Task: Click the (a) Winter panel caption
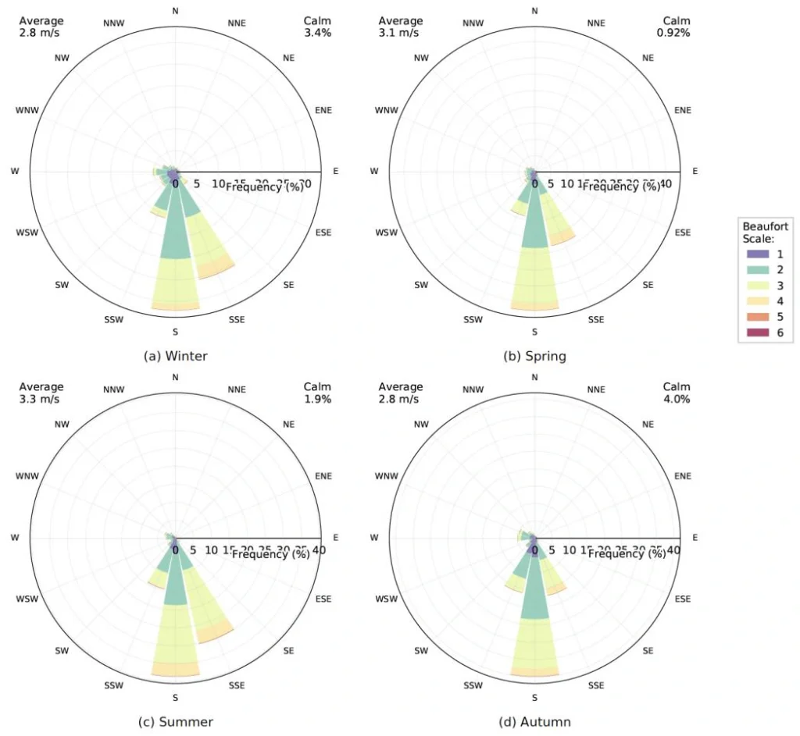click(x=176, y=356)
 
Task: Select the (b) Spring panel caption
click(x=535, y=356)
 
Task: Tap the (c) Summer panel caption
click(x=176, y=721)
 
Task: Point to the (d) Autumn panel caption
click(x=535, y=721)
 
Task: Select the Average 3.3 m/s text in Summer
click(x=41, y=393)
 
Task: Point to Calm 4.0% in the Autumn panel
click(x=677, y=393)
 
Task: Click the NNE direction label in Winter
click(x=236, y=23)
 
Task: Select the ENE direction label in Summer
click(x=323, y=476)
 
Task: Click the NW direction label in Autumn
click(x=421, y=425)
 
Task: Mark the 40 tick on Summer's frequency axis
click(x=318, y=549)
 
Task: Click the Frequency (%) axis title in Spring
click(x=621, y=187)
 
